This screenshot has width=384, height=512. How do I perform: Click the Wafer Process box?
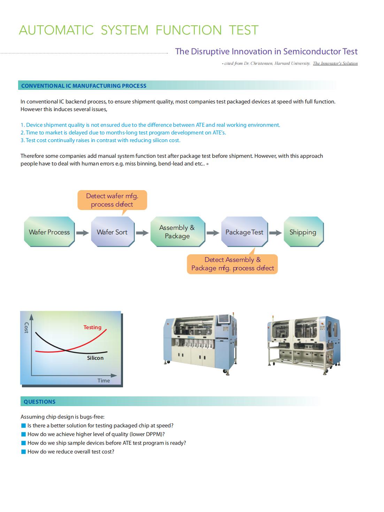[x=49, y=232]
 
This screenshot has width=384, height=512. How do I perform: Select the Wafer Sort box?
[x=112, y=232]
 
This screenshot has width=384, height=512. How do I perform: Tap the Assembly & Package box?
[x=177, y=232]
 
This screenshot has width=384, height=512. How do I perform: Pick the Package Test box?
[x=244, y=232]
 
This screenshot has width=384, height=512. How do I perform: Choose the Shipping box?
[x=303, y=232]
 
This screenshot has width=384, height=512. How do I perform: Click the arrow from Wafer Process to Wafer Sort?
[x=83, y=233]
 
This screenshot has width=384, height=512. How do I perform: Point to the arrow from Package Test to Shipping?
[x=275, y=233]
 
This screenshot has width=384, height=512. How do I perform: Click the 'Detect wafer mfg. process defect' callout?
[x=112, y=200]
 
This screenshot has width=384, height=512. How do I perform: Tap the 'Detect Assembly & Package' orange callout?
[x=232, y=264]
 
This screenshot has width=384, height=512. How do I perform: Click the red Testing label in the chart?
[x=92, y=327]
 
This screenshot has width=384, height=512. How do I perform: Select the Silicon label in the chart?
[x=95, y=358]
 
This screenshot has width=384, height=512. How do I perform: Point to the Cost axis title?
[x=26, y=328]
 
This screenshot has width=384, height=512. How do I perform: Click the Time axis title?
[x=103, y=381]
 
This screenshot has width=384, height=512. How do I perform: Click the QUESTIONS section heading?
[x=39, y=402]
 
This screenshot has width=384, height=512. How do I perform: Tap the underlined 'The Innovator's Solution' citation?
[x=335, y=63]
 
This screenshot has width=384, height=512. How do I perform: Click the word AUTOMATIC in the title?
[x=56, y=30]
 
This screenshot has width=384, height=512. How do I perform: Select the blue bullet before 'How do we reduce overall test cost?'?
[x=24, y=452]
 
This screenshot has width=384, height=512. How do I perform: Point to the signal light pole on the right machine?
[x=272, y=318]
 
